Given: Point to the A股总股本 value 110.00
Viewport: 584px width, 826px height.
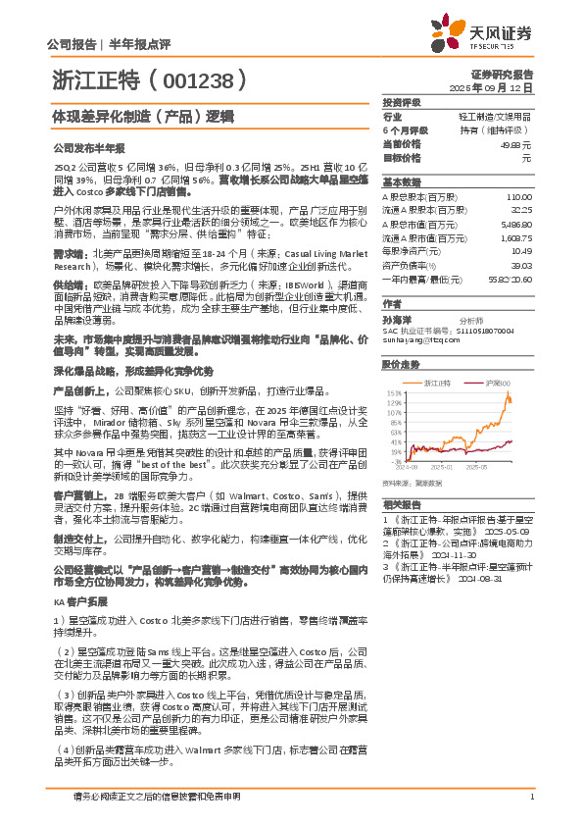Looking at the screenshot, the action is pos(518,197).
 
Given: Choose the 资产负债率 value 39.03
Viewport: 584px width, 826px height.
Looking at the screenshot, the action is pos(519,265).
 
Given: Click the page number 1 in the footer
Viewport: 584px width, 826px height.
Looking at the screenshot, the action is pos(530,797).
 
